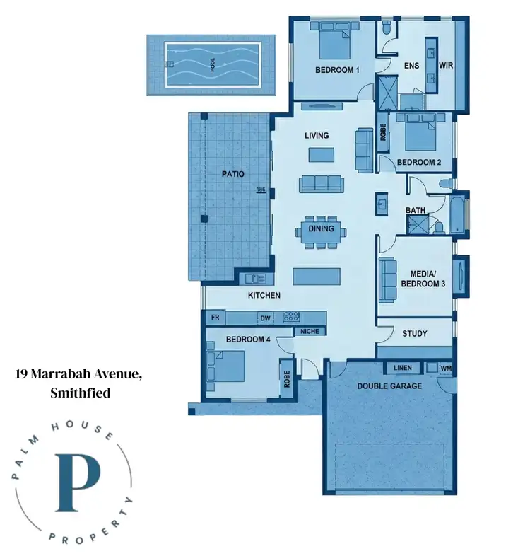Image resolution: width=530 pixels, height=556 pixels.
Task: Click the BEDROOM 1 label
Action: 337,70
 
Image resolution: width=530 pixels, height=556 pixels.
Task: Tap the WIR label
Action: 446,66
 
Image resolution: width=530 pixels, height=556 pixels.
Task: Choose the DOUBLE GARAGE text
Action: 389,386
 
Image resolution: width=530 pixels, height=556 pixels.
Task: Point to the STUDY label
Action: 414,333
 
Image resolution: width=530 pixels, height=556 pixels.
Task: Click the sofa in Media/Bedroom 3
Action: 387,279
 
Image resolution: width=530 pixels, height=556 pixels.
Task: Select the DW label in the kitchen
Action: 266,318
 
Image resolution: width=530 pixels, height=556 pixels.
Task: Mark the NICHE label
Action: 309,331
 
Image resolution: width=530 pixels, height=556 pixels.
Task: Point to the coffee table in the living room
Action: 322,154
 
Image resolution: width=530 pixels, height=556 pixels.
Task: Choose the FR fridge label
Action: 215,318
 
